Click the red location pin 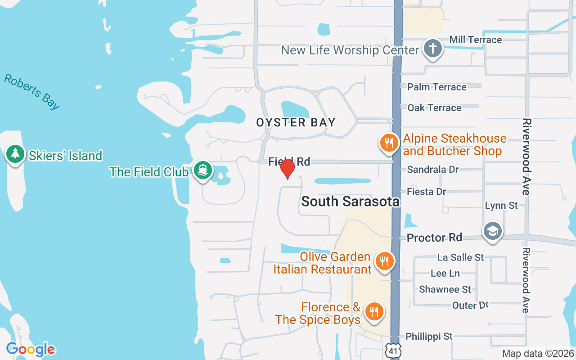coord(287,169)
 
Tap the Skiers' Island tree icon coord(16,154)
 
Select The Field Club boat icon coord(203,170)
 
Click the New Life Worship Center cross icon coord(433,49)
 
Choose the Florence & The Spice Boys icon coord(373,311)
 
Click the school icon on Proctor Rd coord(492,231)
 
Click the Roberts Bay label coord(31,92)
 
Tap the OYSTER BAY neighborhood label coord(296,122)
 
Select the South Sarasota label coord(350,201)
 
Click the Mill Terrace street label coord(476,40)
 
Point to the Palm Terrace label coord(436,87)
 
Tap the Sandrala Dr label coord(432,169)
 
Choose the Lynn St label coord(501,206)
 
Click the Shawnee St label coord(445,289)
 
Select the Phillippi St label coord(429,336)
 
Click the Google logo coord(30,349)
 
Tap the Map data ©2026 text coord(538,353)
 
